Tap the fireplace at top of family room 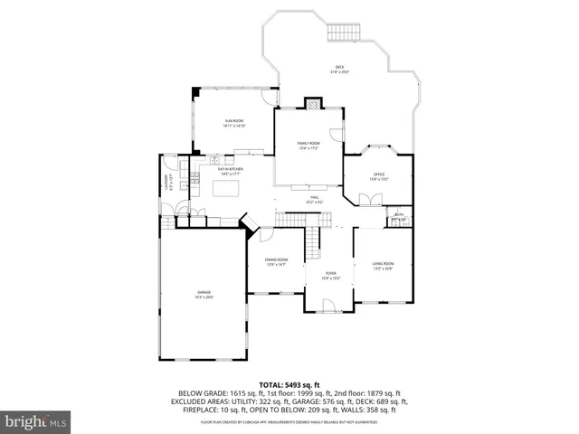pos(313,103)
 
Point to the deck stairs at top pos(343,33)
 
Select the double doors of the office pos(371,201)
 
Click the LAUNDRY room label pos(166,184)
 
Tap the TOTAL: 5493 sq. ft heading pos(289,384)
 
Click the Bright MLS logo pos(36,420)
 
